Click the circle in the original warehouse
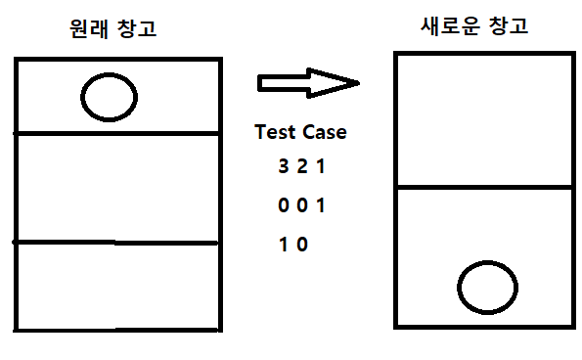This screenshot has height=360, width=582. [x=109, y=96]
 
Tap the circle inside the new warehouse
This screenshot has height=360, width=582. [x=486, y=288]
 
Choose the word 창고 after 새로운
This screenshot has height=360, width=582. [x=508, y=26]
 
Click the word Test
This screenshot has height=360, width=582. [x=276, y=132]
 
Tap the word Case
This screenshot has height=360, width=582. [x=324, y=132]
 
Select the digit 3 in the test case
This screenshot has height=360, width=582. [x=284, y=167]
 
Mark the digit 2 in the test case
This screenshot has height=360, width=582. [x=302, y=167]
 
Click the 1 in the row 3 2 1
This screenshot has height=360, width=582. [x=320, y=167]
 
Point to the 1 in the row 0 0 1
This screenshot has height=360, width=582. [x=321, y=206]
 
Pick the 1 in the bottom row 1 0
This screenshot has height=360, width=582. [x=284, y=245]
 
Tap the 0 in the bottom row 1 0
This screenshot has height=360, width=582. [x=302, y=245]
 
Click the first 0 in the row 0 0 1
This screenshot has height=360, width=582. [x=284, y=206]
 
